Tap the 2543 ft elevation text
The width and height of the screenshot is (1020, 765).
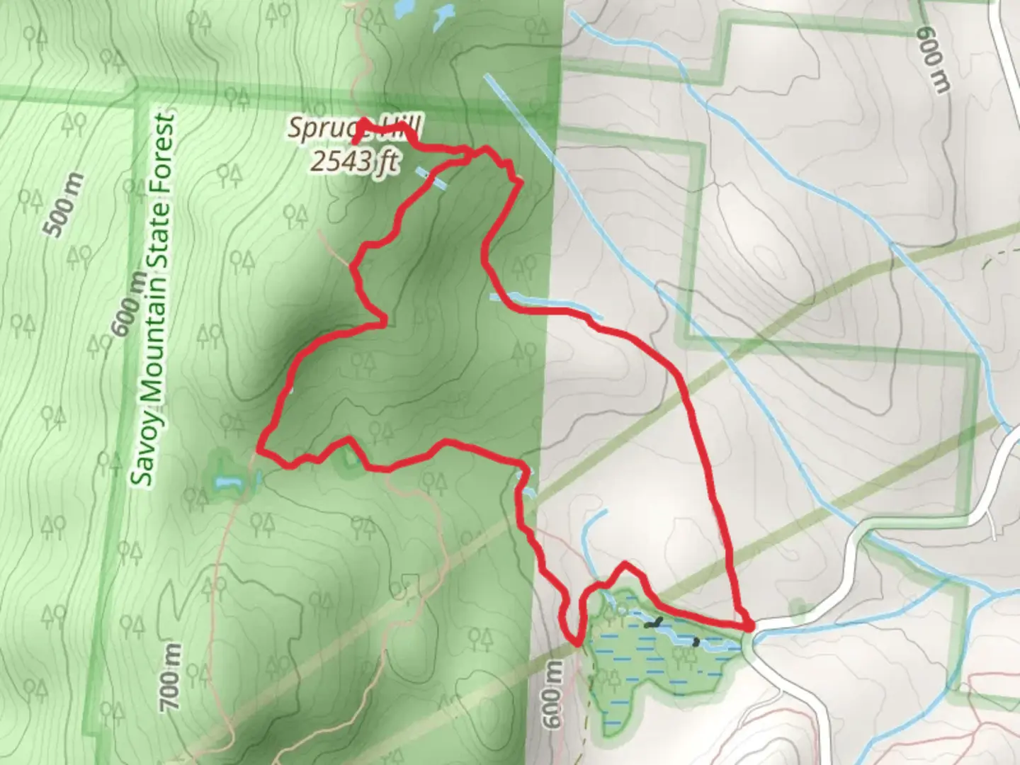pyautogui.click(x=352, y=162)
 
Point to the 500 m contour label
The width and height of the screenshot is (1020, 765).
pyautogui.click(x=63, y=205)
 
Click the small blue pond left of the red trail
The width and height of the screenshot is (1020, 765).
pyautogui.click(x=229, y=483)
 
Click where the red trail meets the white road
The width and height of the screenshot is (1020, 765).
pyautogui.click(x=749, y=627)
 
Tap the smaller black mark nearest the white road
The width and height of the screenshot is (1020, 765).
pyautogui.click(x=696, y=642)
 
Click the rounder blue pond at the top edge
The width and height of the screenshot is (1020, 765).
pyautogui.click(x=404, y=8)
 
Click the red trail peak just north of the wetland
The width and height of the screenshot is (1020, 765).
pyautogui.click(x=624, y=565)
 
